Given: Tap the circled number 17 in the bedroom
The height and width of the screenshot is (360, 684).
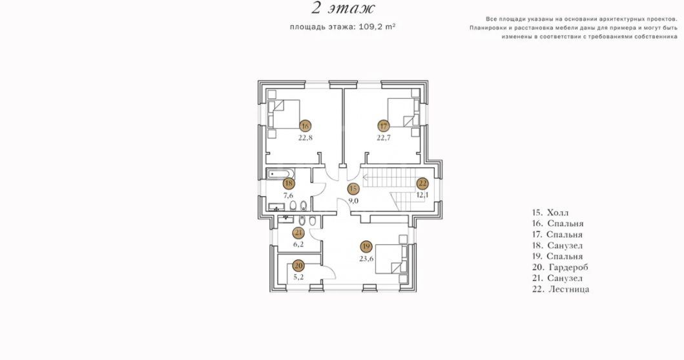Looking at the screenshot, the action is click(383, 127).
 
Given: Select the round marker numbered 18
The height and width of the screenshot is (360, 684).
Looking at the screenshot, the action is click(288, 184).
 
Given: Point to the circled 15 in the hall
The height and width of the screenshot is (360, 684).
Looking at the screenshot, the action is click(353, 189).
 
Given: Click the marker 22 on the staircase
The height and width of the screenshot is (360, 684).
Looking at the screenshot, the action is click(422, 184).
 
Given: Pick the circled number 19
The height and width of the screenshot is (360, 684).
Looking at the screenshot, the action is click(366, 246).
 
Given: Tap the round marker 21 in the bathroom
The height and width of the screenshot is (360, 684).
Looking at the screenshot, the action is click(298, 233).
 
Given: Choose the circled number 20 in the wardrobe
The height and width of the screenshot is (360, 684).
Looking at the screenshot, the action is click(298, 265).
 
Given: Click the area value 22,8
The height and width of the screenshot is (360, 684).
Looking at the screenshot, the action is click(305, 138).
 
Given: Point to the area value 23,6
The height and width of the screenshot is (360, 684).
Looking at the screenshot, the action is click(366, 258).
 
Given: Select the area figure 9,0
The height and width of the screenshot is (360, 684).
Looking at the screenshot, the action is click(353, 201).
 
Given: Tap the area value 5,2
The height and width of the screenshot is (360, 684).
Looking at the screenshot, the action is click(298, 277).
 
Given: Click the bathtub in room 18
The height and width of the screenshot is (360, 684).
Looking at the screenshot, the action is click(280, 175).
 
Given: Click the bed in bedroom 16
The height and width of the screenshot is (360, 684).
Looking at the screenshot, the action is click(284, 114).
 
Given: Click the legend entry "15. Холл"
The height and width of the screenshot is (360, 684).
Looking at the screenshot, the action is click(550, 213).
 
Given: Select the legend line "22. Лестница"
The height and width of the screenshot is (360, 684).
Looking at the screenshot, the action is click(561, 290).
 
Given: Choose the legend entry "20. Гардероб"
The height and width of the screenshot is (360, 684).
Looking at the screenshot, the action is click(560, 268).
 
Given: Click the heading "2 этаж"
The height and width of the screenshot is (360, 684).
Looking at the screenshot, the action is click(343, 7).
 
